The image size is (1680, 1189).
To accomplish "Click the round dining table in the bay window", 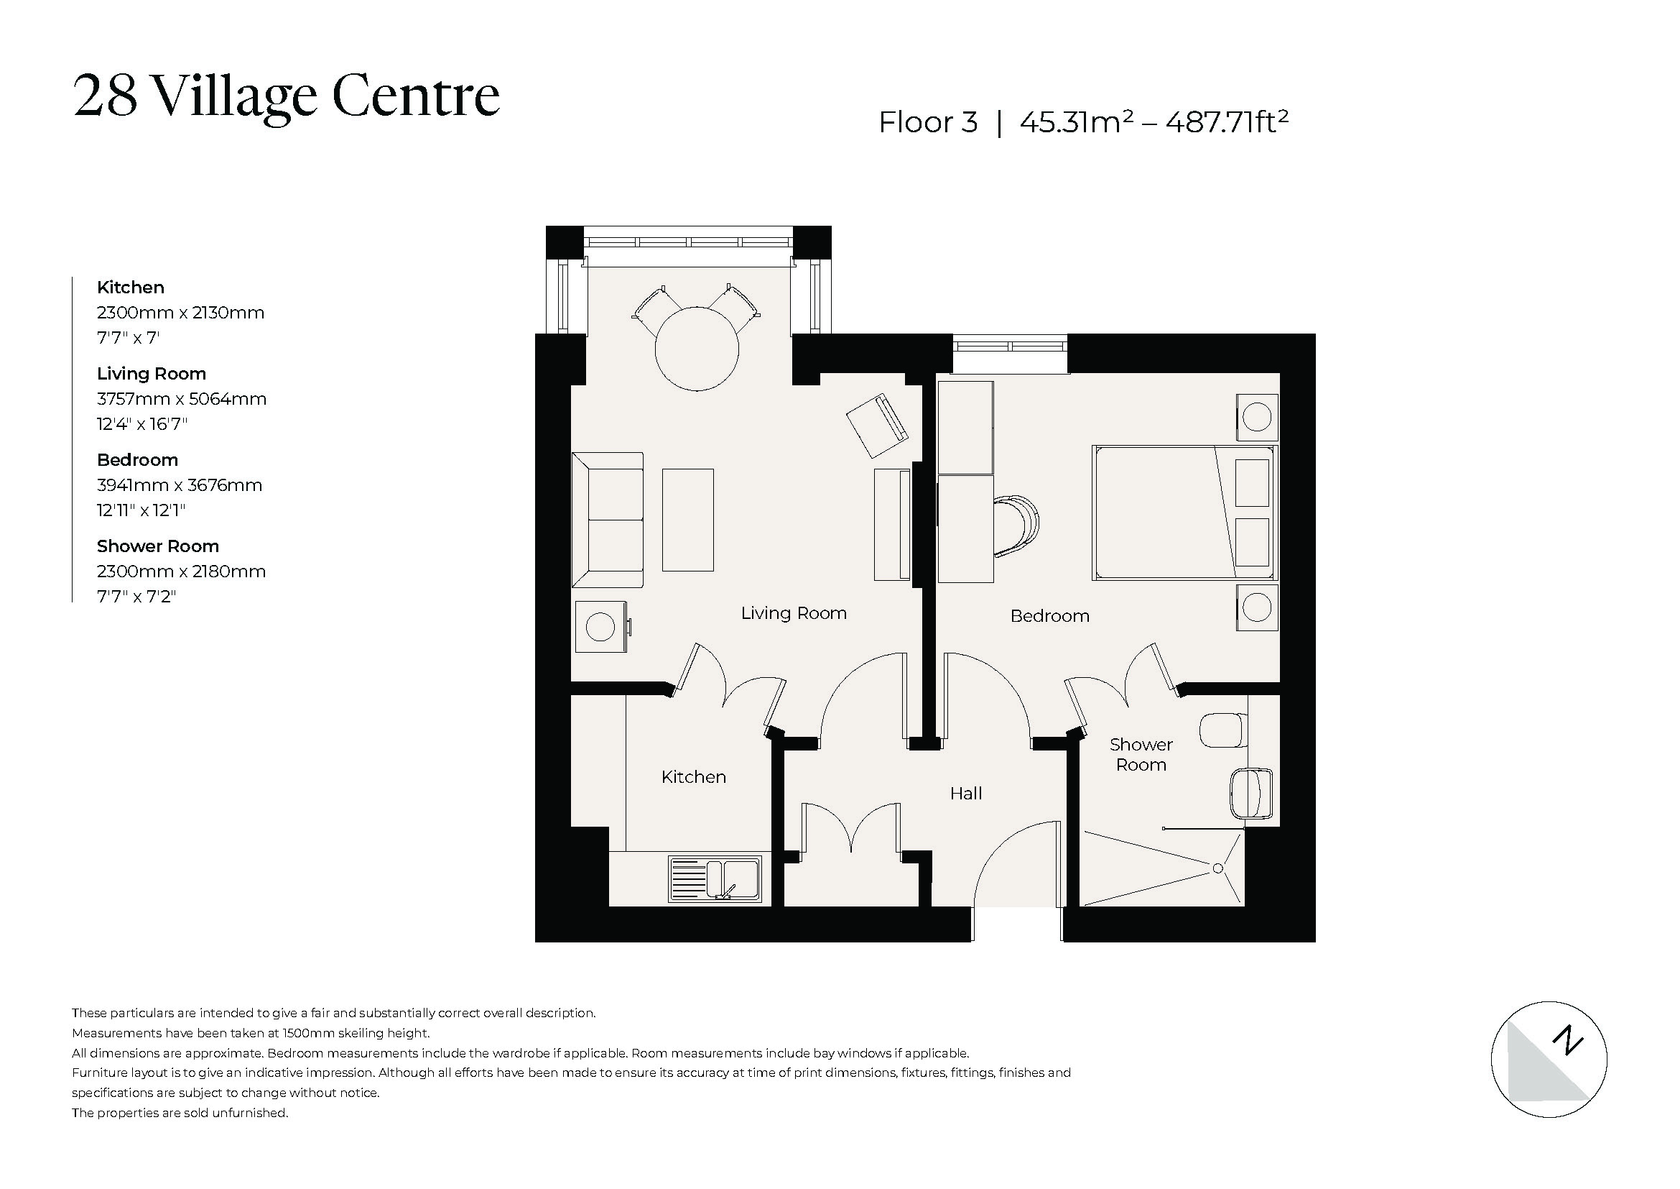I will click(696, 349).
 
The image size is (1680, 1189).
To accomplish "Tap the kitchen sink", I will click(714, 879).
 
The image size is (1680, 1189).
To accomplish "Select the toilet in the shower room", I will click(1222, 730).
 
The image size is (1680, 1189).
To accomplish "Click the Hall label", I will click(965, 794).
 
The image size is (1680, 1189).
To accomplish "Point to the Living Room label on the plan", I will click(793, 612).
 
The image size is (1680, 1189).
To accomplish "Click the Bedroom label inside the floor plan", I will click(1049, 616).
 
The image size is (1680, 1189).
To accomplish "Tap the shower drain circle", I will click(1217, 868).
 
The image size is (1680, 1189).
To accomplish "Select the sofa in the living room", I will click(608, 520).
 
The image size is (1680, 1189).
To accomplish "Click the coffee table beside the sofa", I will click(688, 520).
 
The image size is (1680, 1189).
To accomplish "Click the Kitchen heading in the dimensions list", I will click(130, 287).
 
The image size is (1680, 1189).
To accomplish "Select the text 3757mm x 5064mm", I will click(182, 399).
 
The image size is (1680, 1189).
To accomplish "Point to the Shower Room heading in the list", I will click(157, 546).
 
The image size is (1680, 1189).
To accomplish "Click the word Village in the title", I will click(234, 96).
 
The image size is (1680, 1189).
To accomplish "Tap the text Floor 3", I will click(928, 122).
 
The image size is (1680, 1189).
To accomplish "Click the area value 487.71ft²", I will click(1226, 121).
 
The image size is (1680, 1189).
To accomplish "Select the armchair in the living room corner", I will click(876, 426).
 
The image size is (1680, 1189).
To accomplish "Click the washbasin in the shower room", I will click(1250, 794).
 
